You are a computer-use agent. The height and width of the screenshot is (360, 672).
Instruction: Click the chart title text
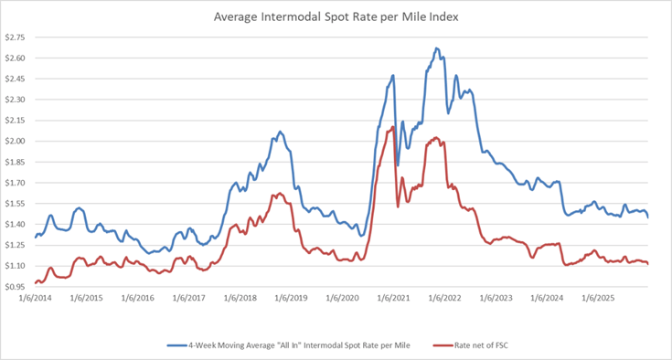point(336,16)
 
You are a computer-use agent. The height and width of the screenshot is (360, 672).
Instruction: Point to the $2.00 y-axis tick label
point(16,141)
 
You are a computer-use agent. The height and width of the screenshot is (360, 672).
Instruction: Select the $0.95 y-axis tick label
point(16,287)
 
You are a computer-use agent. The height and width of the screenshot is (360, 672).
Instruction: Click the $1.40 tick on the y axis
point(16,225)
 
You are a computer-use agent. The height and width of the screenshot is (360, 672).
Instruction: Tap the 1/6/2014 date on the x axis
point(36,299)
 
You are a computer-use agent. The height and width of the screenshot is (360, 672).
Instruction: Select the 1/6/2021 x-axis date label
point(391,299)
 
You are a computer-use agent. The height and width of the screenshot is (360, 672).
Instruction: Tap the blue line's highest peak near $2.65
point(436,48)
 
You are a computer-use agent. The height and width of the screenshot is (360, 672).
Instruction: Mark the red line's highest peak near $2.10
point(393,126)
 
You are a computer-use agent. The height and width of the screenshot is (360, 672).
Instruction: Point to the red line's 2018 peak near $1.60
point(277,193)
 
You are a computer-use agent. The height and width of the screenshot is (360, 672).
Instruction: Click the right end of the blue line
point(648,217)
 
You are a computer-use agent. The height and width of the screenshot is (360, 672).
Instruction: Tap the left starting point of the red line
point(35,283)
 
